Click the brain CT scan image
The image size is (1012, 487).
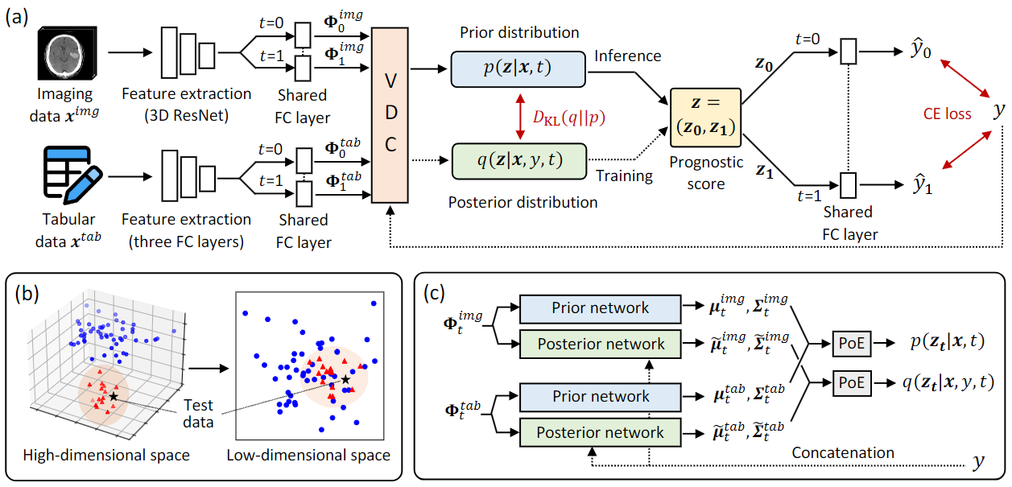[67, 53]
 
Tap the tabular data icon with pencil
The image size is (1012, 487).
[72, 175]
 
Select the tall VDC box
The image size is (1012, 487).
[390, 115]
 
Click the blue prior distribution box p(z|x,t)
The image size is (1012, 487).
[518, 69]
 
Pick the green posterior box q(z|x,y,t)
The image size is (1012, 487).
[519, 161]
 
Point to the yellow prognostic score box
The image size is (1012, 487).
[706, 118]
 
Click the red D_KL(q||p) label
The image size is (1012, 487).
[569, 118]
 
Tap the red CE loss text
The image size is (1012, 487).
[947, 113]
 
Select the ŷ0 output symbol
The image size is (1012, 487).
[921, 50]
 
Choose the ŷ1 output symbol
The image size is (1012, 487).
[922, 184]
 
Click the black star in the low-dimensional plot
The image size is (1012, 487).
[345, 379]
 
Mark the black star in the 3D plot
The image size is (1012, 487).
[113, 397]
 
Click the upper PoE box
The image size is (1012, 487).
[852, 344]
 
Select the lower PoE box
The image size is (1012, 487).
[852, 382]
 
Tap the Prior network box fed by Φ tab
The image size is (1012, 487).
[601, 397]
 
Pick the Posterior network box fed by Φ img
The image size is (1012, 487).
[601, 345]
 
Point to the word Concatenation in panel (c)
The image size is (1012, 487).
[843, 452]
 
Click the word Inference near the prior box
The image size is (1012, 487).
[627, 56]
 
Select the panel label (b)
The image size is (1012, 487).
[27, 294]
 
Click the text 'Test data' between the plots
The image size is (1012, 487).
[198, 414]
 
